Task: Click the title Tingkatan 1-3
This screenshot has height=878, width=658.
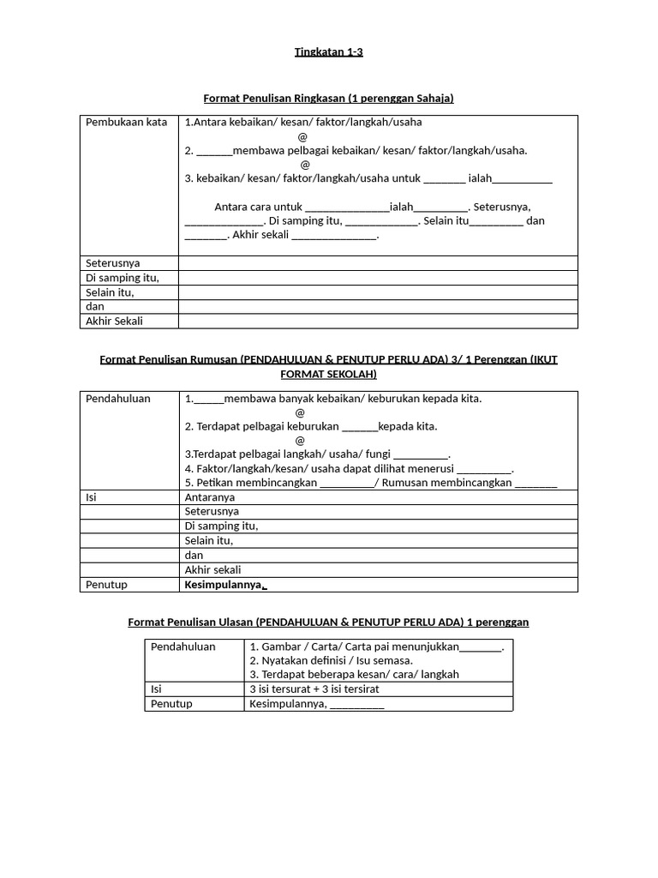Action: [328, 52]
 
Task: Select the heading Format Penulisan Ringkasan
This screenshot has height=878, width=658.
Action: [328, 99]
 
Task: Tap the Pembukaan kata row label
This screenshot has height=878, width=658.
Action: [126, 123]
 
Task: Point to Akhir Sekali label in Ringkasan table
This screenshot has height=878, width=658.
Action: [114, 322]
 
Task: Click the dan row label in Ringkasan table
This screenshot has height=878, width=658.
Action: [94, 307]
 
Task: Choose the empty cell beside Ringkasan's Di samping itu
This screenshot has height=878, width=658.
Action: [377, 278]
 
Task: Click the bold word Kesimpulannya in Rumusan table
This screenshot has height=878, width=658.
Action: [223, 585]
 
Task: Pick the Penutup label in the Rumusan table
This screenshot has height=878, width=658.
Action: [106, 585]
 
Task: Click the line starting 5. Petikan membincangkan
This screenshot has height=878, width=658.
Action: [370, 483]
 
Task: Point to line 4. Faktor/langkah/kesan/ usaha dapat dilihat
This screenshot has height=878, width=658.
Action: [349, 469]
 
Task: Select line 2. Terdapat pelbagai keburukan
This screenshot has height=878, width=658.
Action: [311, 426]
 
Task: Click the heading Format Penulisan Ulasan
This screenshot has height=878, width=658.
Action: [328, 622]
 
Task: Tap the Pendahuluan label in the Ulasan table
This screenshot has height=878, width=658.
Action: [183, 646]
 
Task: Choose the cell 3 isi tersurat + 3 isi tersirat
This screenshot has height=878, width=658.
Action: [314, 689]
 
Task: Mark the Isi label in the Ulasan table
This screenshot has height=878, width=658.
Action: [157, 689]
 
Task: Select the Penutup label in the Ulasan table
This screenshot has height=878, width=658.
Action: [171, 704]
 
